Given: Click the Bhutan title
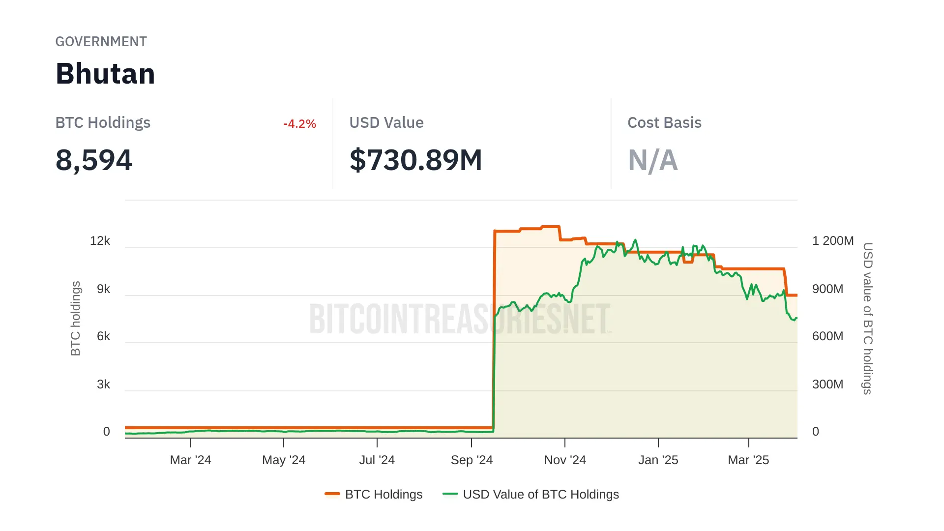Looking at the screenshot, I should [x=105, y=74].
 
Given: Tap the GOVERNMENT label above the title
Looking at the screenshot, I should [x=101, y=42].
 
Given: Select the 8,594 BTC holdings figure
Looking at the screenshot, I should [x=94, y=160].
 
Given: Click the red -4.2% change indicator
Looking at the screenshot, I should [x=299, y=124].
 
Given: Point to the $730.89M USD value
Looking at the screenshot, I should [x=415, y=160].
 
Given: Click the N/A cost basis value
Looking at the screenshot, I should [x=652, y=160].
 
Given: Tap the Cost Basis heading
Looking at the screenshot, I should [x=664, y=122].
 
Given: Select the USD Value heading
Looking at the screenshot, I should [x=386, y=122].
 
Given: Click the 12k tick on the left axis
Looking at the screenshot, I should [x=100, y=241].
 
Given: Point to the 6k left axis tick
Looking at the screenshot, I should [x=103, y=336].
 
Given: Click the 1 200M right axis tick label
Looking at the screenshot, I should [x=832, y=241].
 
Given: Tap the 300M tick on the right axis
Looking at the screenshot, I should [x=827, y=384].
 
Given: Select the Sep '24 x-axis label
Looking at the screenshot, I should [x=472, y=460].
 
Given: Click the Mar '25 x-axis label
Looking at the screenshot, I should [x=748, y=460].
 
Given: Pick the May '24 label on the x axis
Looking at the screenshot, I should [x=284, y=460].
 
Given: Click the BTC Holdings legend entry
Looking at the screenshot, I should [x=374, y=494].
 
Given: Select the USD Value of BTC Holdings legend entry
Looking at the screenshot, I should [x=531, y=494].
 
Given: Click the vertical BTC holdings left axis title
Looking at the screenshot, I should [x=75, y=318].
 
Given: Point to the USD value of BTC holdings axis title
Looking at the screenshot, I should [x=868, y=318].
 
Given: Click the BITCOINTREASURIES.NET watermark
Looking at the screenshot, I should [x=460, y=319].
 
